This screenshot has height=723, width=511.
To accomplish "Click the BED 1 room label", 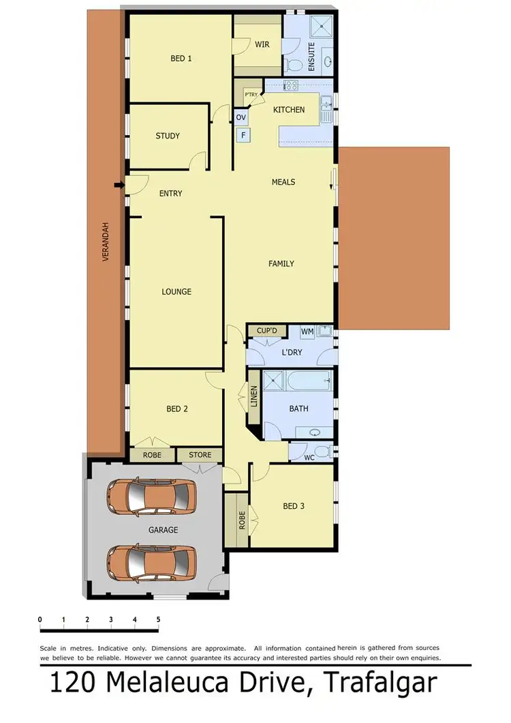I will pos(181,59).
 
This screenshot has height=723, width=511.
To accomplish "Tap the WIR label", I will pos(262,44).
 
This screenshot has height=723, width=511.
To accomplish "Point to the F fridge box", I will pos(243,135).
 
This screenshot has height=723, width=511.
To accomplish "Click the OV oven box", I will pos(241,117).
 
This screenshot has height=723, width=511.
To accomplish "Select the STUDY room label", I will pos(168,136).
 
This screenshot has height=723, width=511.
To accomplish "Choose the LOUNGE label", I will pos(176,292).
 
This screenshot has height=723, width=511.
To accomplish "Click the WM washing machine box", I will pos(307,331).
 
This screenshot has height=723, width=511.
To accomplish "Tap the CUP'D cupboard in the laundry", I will pos(267,331).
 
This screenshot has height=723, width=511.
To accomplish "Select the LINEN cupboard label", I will pos(254,396).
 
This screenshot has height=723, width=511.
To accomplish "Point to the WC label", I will pos(309,458).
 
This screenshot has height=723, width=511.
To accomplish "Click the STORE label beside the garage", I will pos(200,455).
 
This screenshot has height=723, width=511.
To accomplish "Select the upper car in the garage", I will pos(151,497).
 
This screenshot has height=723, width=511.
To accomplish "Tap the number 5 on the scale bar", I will pos(158,619).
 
